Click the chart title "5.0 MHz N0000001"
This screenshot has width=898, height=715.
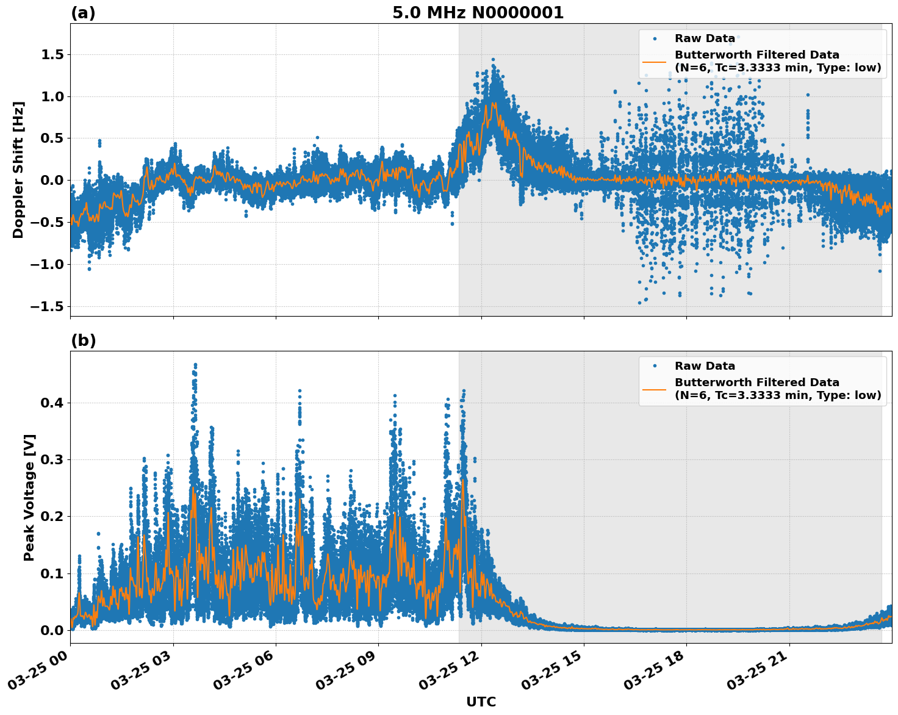click(x=478, y=13)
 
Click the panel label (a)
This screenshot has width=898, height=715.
click(x=83, y=13)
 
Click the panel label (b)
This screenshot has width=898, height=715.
click(x=83, y=340)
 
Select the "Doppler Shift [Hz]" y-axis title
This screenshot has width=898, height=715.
click(x=18, y=170)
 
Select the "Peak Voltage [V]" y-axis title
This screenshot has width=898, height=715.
click(x=29, y=497)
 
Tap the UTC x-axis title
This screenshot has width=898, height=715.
click(x=481, y=702)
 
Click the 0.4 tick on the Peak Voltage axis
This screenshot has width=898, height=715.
click(x=54, y=403)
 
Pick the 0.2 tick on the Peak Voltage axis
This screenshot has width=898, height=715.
click(x=54, y=517)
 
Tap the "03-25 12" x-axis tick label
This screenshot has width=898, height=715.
click(x=449, y=673)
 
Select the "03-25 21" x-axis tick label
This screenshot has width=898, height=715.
click(x=757, y=673)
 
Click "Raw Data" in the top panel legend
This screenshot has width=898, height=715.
click(x=705, y=38)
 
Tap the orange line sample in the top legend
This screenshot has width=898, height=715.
click(x=654, y=61)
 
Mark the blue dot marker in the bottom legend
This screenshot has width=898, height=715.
click(x=654, y=366)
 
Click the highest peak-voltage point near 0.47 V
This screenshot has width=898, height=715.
click(x=195, y=365)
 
